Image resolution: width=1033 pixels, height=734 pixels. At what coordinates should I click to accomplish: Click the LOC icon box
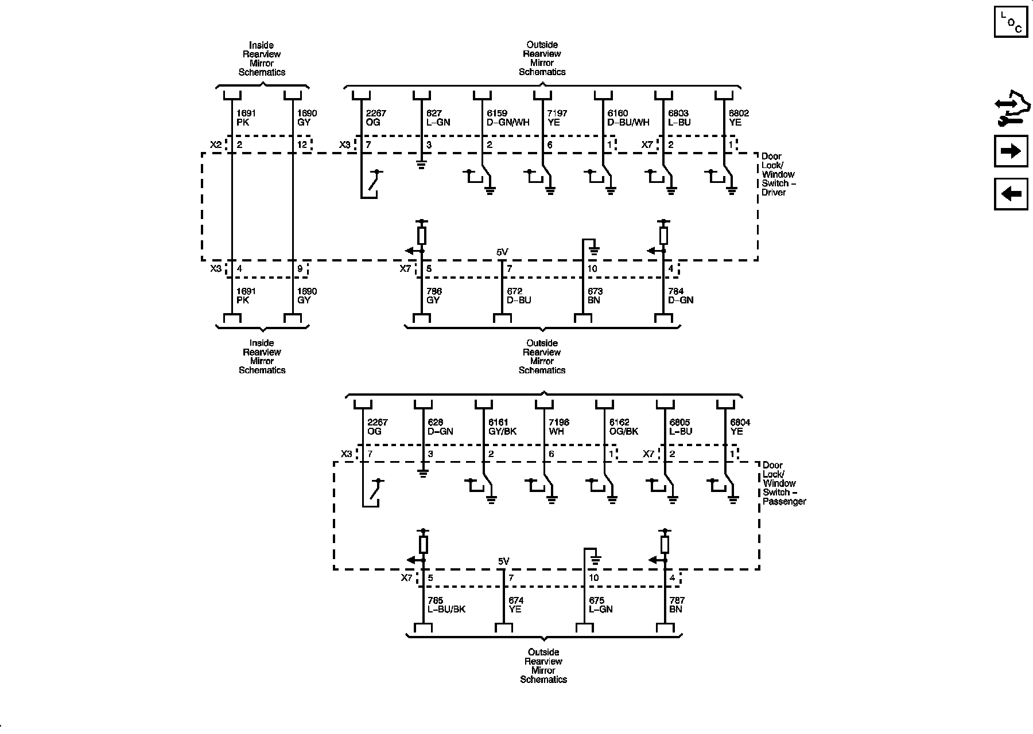click(1011, 22)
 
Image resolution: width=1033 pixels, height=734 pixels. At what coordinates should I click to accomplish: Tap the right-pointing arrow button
click(1011, 151)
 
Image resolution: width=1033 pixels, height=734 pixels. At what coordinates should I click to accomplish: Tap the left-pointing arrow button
click(1011, 194)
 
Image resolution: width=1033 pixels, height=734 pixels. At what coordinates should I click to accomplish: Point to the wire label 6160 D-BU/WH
click(628, 118)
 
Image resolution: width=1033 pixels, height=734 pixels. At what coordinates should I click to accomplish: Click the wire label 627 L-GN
click(438, 118)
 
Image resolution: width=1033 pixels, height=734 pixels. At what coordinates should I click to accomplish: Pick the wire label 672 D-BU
click(519, 296)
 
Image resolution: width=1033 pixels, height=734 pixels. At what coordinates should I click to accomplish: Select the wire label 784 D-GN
click(681, 296)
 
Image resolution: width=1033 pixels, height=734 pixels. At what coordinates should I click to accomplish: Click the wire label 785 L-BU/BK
click(446, 605)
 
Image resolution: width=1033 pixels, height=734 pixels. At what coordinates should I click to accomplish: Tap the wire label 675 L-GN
click(601, 605)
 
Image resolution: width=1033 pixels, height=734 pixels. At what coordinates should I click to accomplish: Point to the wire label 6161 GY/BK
click(502, 427)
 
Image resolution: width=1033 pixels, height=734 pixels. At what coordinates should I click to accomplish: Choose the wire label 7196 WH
click(559, 427)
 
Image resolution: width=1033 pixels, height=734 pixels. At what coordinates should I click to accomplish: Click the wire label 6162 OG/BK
click(623, 427)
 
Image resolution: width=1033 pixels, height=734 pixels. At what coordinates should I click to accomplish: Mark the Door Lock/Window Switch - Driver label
click(778, 174)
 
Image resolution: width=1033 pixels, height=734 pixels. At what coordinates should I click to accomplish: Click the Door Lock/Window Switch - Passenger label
click(784, 483)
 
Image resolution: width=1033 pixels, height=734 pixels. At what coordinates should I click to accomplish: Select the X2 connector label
click(215, 145)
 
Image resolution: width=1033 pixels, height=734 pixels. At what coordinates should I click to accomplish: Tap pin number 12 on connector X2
click(302, 145)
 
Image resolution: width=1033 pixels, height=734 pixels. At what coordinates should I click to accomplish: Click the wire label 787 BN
click(677, 605)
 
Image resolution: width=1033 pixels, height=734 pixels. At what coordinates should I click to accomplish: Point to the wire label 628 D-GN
click(440, 427)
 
